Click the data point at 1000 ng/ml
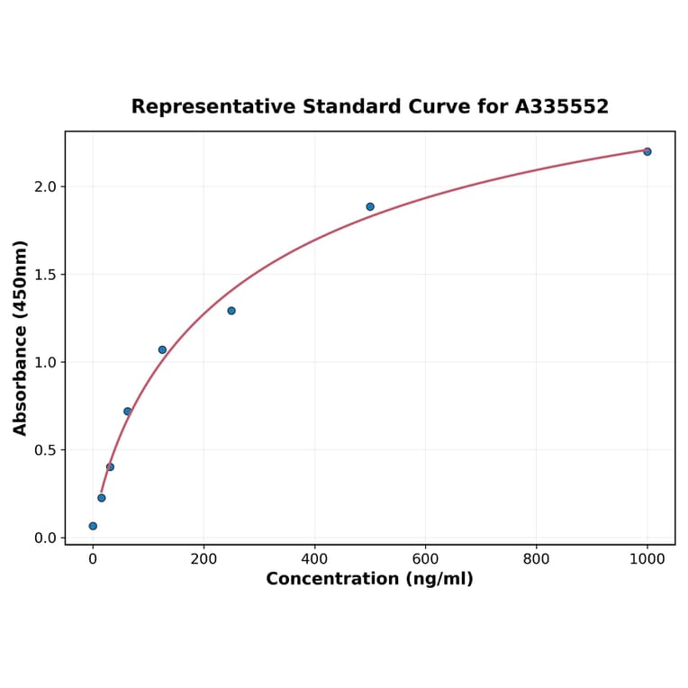click(647, 151)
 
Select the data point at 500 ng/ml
click(370, 206)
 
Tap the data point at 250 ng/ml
click(231, 311)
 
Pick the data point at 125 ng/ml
click(162, 349)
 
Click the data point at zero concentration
click(93, 526)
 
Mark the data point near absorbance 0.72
click(128, 412)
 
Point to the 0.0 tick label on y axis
click(44, 539)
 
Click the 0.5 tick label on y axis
click(44, 450)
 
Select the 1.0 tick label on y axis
click(44, 362)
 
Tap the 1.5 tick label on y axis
click(44, 275)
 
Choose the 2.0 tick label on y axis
click(44, 186)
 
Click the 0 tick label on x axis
click(93, 558)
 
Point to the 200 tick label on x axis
click(204, 558)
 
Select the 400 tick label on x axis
click(314, 558)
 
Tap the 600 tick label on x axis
click(425, 558)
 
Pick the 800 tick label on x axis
click(536, 558)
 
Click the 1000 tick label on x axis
click(647, 558)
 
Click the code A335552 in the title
click(561, 107)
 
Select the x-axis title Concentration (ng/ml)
click(369, 579)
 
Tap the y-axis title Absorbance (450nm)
click(21, 338)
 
